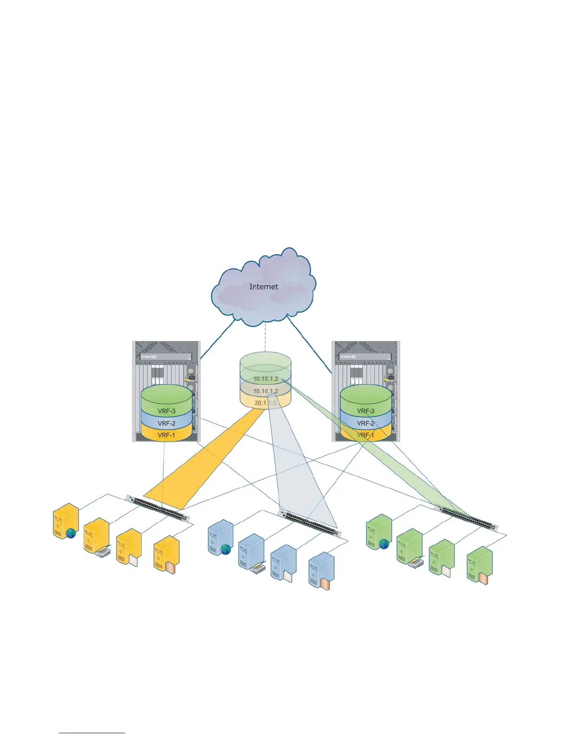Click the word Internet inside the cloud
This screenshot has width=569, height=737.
click(x=264, y=287)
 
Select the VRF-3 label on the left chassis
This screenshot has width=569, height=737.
click(x=166, y=411)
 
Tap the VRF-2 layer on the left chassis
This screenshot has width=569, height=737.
click(x=166, y=423)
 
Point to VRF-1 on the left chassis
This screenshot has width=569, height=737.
click(x=166, y=435)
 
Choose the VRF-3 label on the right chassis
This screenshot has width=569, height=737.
click(x=366, y=411)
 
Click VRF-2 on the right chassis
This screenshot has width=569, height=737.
click(x=366, y=423)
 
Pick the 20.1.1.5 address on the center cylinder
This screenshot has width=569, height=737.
click(x=265, y=403)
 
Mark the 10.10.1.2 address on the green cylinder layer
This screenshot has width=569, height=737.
click(x=265, y=379)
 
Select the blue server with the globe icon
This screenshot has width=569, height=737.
click(x=220, y=538)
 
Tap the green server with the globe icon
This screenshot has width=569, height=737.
click(x=378, y=532)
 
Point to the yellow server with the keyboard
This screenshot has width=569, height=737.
click(x=97, y=536)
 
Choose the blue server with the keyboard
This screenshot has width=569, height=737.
click(x=251, y=552)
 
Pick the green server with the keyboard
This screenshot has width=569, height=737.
click(x=410, y=547)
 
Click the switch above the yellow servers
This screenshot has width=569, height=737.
click(x=158, y=508)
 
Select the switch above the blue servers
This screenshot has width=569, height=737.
click(x=310, y=523)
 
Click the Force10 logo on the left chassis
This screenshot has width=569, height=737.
click(x=149, y=357)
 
